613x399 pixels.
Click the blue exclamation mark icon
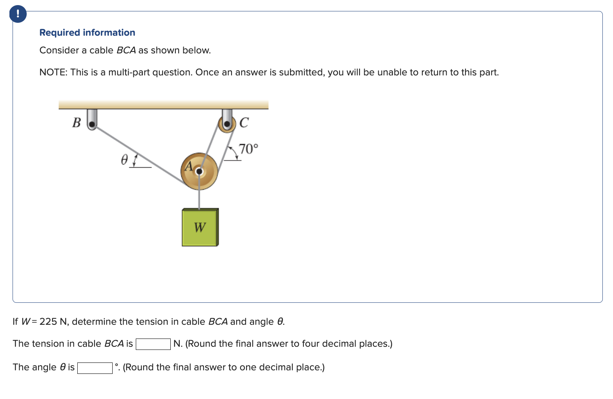click(18, 14)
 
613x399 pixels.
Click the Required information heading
click(87, 33)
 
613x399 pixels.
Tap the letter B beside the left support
click(77, 123)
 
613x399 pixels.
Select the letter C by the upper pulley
click(244, 123)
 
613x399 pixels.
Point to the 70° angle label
click(248, 149)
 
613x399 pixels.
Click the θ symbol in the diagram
click(124, 160)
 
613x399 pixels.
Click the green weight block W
click(200, 227)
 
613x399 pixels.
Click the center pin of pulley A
click(199, 171)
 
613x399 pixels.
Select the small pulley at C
click(227, 123)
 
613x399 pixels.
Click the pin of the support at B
click(92, 124)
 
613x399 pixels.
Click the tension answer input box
click(153, 344)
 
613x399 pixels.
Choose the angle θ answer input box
click(95, 368)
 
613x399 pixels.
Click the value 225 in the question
click(48, 322)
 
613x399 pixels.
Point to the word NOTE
click(53, 72)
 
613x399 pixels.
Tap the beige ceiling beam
click(163, 104)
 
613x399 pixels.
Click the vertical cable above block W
click(199, 198)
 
